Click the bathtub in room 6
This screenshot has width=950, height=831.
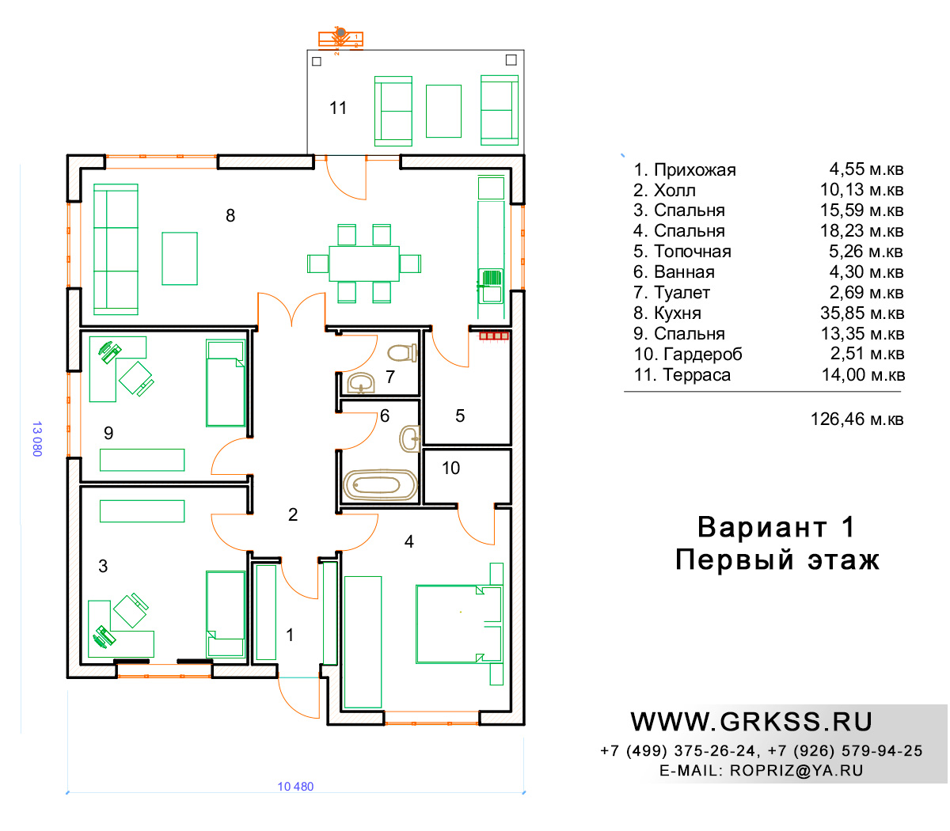(379, 484)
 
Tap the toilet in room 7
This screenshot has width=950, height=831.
(402, 352)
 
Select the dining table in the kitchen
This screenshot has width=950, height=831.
(363, 264)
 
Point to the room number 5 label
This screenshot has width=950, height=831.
(460, 415)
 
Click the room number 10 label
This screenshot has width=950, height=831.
(450, 468)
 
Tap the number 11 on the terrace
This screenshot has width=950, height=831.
(337, 108)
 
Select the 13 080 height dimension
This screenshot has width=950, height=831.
(37, 438)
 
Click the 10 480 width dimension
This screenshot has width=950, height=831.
(295, 786)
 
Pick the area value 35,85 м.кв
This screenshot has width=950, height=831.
(862, 313)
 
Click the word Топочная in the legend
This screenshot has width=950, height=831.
(692, 251)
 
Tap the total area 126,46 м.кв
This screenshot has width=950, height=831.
(857, 419)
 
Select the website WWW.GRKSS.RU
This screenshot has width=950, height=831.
(750, 722)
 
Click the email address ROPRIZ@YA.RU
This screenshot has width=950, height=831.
(796, 770)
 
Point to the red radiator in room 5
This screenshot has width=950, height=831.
(493, 336)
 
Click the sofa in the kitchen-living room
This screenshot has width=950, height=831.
(116, 249)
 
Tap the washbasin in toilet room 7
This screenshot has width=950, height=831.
(360, 384)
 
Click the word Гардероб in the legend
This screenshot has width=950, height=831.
(702, 354)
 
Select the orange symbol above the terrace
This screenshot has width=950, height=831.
(340, 40)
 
